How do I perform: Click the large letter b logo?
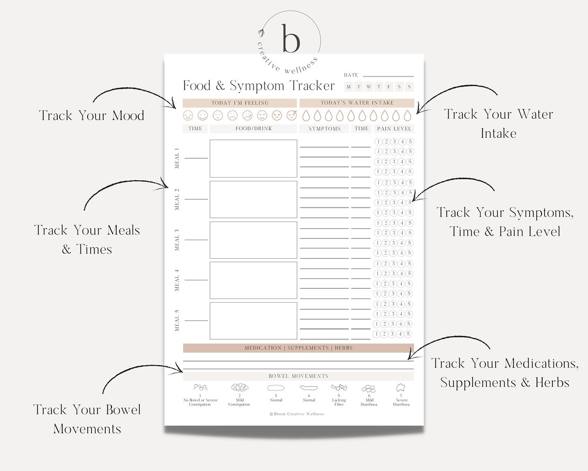(290, 38)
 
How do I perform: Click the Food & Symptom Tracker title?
(259, 86)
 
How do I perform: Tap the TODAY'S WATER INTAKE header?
(357, 103)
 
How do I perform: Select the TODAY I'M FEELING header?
(240, 103)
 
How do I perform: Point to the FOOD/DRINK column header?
(253, 129)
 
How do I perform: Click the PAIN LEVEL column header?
(394, 129)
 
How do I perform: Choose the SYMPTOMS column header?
(324, 129)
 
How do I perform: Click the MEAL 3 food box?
(253, 240)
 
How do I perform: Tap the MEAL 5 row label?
(177, 320)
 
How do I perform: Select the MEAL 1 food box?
(253, 159)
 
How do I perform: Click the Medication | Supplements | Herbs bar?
(298, 348)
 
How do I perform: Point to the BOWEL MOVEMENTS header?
(298, 376)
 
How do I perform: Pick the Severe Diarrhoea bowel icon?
(401, 387)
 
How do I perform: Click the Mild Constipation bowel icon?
(239, 387)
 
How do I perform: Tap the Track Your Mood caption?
(91, 115)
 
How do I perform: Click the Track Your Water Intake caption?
(498, 123)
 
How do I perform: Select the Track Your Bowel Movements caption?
(87, 419)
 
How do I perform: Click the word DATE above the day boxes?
(351, 75)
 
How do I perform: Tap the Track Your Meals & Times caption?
(87, 239)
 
